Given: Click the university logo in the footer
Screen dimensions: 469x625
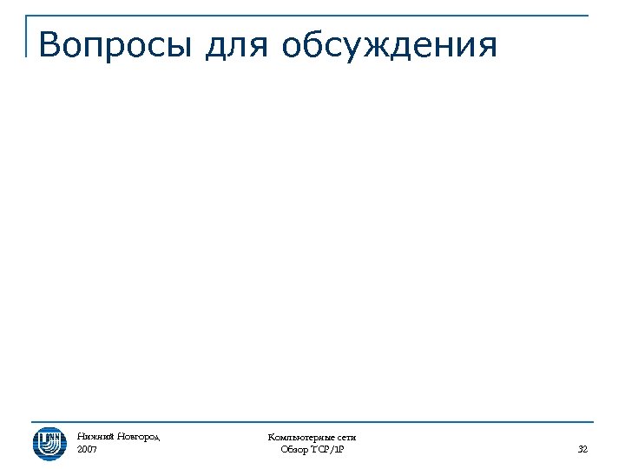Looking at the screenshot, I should [x=49, y=443].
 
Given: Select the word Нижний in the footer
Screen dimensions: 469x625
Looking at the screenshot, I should [x=92, y=437].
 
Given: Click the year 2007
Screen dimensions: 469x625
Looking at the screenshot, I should [x=87, y=450].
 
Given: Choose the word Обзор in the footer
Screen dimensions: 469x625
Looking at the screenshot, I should [x=296, y=450].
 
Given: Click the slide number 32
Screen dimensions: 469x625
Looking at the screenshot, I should [x=582, y=450].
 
